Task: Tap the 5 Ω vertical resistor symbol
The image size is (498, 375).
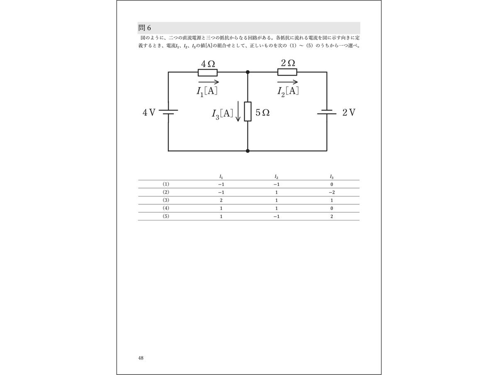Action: click(x=248, y=111)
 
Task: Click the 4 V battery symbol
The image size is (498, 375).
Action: click(x=168, y=113)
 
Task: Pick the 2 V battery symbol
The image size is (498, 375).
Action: click(x=327, y=113)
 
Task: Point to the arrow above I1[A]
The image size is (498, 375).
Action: click(x=209, y=82)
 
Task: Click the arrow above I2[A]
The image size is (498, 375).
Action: click(x=287, y=82)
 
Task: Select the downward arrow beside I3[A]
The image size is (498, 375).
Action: click(x=238, y=113)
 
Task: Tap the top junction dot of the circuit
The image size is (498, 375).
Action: click(x=248, y=72)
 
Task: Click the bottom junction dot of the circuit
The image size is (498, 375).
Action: click(x=248, y=151)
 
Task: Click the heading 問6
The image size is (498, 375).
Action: click(x=145, y=28)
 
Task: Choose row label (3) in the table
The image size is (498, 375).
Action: click(x=166, y=201)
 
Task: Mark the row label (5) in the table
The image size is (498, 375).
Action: click(x=166, y=216)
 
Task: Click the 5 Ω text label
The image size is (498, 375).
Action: click(x=263, y=113)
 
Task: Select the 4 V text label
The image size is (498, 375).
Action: click(x=149, y=113)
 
